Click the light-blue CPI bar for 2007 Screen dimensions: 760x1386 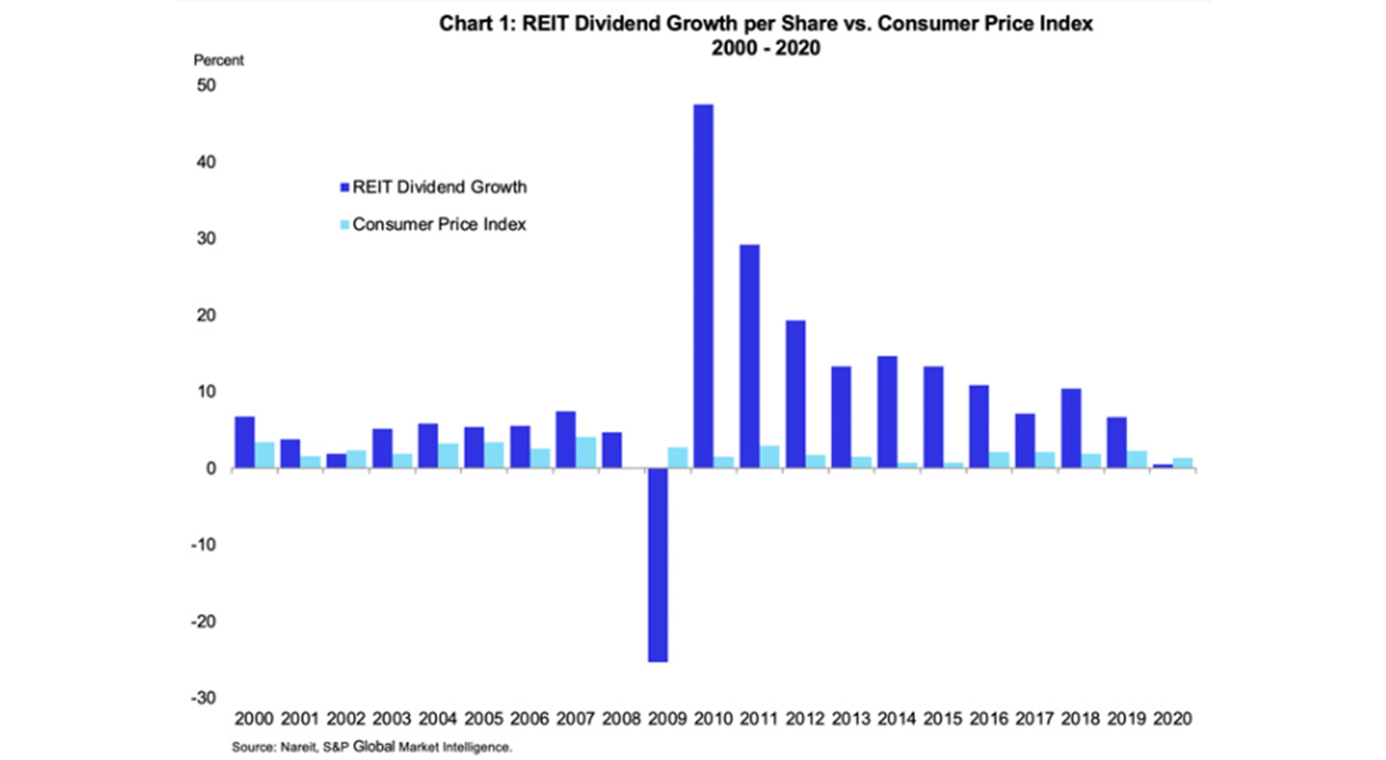pos(586,453)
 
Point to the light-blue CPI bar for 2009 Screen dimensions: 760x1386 pos(678,458)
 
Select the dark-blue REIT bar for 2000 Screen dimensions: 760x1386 pos(245,443)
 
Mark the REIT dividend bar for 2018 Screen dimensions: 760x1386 pos(1071,428)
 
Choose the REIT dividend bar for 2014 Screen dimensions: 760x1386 pos(887,412)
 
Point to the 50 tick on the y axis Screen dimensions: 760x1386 pos(207,85)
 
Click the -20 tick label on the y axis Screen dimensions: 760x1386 pos(204,621)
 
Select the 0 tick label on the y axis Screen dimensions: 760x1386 pos(211,468)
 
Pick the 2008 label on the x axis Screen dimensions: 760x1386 pos(621,718)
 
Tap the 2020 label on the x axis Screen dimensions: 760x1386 pos(1172,718)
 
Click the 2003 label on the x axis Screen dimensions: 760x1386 pos(391,718)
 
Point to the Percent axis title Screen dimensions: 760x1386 pos(218,60)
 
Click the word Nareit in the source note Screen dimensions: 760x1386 pos(298,747)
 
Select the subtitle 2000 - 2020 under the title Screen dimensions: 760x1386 pos(765,48)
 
